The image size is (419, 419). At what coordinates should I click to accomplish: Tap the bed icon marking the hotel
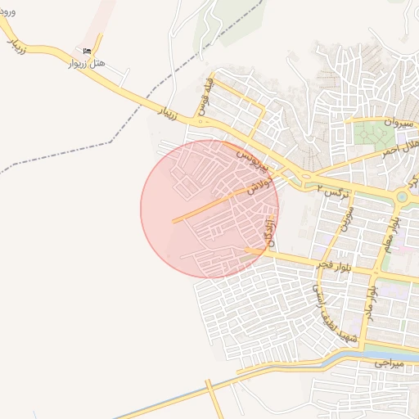88,51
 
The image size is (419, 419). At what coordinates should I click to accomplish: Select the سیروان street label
392,121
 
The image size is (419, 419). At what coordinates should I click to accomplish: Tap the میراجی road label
392,361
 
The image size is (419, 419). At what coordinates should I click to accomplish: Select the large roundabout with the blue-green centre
403,196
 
